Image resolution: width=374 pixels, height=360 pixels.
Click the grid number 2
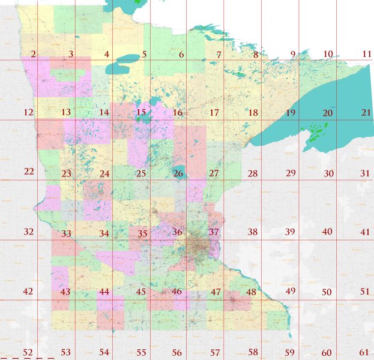33,55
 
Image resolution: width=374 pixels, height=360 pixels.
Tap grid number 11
367,54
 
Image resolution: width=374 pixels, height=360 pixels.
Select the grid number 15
141,112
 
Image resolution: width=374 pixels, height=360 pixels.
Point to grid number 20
328,113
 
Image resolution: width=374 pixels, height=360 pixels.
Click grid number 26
178,174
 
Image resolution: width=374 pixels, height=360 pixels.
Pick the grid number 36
177,232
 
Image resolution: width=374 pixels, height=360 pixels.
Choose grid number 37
214,232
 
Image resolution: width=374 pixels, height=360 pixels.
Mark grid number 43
65,292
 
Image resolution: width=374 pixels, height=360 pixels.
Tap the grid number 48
251,292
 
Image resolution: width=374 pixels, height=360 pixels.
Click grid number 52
28,352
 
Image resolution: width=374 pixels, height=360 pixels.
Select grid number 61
364,352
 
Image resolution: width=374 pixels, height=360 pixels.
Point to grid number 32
28,232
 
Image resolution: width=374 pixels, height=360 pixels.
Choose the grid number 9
294,55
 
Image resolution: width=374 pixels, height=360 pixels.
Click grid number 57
214,352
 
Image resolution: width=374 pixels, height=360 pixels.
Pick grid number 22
29,172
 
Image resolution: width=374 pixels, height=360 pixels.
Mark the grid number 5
144,55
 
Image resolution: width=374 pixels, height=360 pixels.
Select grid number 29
291,173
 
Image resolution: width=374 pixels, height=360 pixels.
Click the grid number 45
141,292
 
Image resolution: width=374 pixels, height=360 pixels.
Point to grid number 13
66,112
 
